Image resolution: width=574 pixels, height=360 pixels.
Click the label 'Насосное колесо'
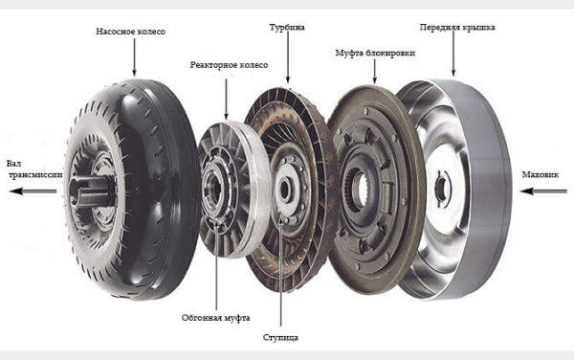tap(131, 32)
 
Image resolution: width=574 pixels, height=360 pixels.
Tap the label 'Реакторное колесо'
tap(229, 65)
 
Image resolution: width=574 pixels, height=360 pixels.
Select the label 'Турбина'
tap(287, 28)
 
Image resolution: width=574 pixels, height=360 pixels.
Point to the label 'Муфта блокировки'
tap(375, 53)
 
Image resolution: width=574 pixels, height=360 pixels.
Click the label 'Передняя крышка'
tap(457, 28)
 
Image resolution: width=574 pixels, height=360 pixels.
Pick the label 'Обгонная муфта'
tap(216, 318)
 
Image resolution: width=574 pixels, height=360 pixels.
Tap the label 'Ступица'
tap(280, 337)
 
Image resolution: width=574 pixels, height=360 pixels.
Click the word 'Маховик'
tap(541, 174)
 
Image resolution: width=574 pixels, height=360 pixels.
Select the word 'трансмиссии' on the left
tap(35, 175)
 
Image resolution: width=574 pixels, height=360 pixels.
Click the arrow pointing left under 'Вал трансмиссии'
tap(33, 191)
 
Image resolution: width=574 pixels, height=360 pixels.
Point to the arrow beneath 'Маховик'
tap(543, 191)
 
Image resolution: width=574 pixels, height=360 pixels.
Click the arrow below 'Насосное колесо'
tap(134, 57)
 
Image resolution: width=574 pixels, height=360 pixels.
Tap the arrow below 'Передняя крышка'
tap(453, 54)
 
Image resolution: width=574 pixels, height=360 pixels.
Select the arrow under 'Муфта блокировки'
tap(374, 71)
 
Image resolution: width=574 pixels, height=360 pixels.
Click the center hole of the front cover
tap(441, 189)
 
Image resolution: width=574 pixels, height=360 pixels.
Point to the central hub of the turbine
tap(285, 189)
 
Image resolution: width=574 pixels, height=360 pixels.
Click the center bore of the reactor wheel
tap(215, 189)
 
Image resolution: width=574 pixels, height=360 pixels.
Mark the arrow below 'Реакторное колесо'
tap(226, 100)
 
